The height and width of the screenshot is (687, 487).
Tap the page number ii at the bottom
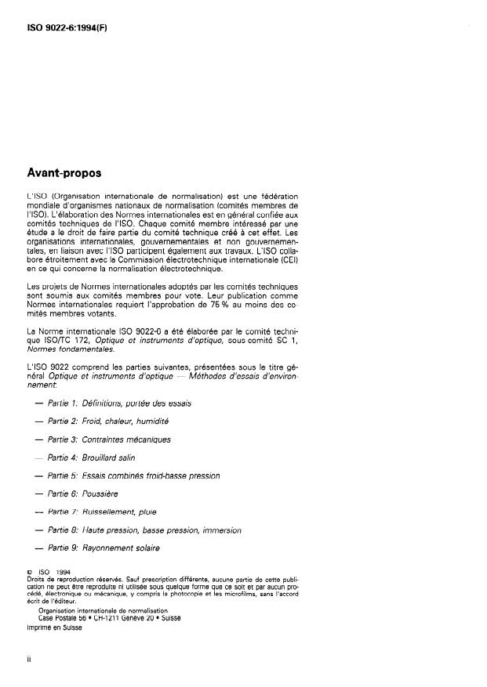[x=29, y=660]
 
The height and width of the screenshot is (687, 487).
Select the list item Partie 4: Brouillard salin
[x=96, y=457]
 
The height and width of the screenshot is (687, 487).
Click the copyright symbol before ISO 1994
[x=30, y=573]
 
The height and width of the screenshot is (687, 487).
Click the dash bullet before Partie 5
[x=38, y=475]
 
